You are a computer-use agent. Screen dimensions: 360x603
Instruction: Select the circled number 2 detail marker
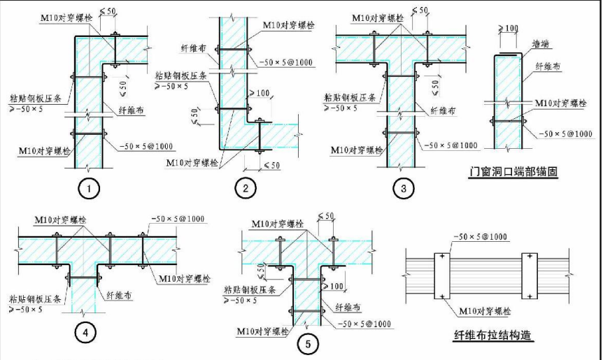click(x=246, y=188)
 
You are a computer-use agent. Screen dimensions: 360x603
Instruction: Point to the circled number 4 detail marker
click(x=85, y=333)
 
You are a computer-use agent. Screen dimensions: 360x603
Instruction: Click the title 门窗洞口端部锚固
click(x=514, y=172)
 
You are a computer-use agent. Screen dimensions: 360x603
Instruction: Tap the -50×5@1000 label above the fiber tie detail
click(x=479, y=238)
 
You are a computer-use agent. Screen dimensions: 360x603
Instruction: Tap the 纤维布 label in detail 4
click(x=119, y=296)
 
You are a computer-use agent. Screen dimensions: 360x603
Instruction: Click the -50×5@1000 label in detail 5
click(x=363, y=324)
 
